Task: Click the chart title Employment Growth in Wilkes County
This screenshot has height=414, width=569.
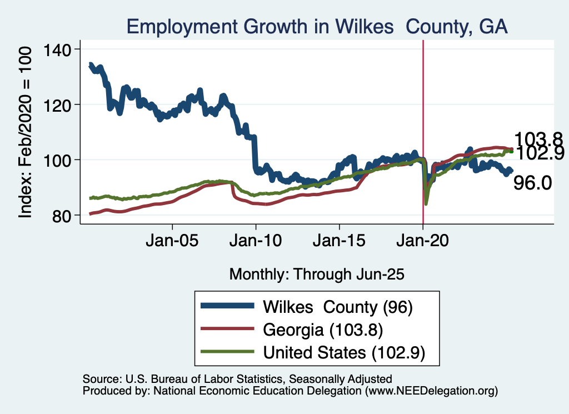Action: (317, 26)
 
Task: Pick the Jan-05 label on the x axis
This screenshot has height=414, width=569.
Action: (172, 243)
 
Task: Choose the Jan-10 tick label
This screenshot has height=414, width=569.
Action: (256, 243)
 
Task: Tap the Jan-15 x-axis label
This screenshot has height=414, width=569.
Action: (339, 243)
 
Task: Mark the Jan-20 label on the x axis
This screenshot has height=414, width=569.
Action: (423, 243)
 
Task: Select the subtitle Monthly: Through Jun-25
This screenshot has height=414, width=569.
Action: (316, 274)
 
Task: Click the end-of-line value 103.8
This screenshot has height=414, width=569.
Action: (538, 139)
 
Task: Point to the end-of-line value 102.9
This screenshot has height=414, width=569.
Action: (538, 152)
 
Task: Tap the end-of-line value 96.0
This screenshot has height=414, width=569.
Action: (532, 183)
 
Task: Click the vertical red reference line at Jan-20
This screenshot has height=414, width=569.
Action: (423, 111)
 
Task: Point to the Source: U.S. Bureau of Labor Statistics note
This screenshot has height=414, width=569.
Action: (237, 379)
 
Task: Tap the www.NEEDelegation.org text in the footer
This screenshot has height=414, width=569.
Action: (430, 391)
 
